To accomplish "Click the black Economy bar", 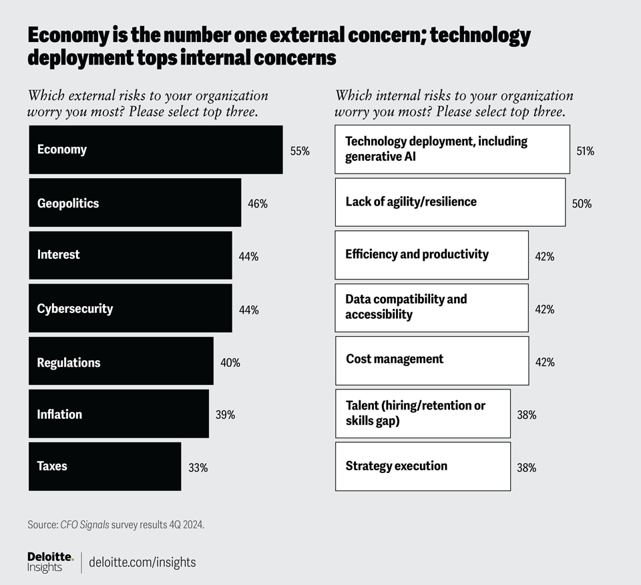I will pos(155,149).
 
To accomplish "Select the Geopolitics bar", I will pos(134,203).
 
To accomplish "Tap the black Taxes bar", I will pos(104,466).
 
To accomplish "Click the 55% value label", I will pos(300,151).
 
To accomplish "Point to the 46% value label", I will pos(258,203).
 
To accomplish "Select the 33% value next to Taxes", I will pos(198,468).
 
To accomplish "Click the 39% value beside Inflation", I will pos(225,414).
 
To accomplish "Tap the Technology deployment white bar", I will pos(452,149).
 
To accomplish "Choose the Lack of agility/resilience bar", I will pos(450,201).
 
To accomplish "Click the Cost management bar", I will pos(431,361).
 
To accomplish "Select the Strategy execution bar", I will pos(423,466).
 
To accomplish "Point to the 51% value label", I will pos(585,151).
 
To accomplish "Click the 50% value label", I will pos(582,203).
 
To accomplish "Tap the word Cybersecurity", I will pos(75,308).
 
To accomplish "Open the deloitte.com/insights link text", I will pos(143,562).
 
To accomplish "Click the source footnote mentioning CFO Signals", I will pos(116,525).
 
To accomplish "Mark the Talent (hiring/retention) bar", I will pos(423,414).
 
